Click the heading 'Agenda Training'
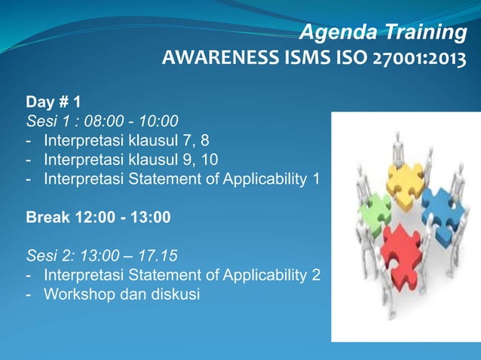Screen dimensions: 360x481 click(x=382, y=32)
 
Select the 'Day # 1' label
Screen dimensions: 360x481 click(x=54, y=101)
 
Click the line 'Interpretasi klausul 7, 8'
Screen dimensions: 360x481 click(x=126, y=140)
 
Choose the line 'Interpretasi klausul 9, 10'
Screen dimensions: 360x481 click(x=132, y=160)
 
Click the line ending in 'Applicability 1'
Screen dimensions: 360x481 click(x=181, y=179)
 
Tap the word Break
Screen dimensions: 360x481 click(x=48, y=218)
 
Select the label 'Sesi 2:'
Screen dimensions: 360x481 click(x=50, y=258)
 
